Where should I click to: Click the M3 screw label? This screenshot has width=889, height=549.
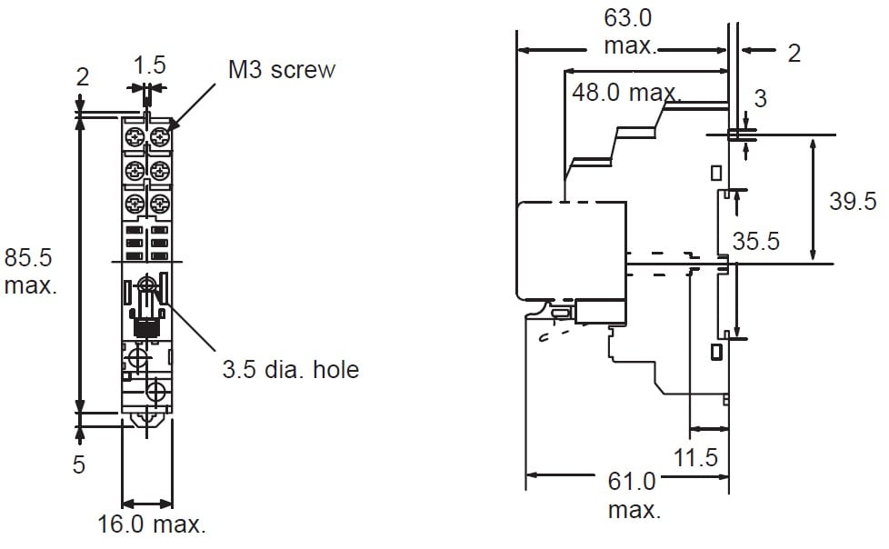click(281, 70)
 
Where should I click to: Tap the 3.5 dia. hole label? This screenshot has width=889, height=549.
click(291, 370)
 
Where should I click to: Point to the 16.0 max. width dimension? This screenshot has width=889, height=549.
click(152, 524)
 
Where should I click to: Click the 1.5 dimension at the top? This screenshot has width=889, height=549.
click(149, 65)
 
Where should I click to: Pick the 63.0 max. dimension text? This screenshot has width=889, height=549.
click(629, 32)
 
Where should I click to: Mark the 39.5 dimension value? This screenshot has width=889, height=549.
click(852, 202)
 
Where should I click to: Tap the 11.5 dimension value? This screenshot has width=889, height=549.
click(696, 457)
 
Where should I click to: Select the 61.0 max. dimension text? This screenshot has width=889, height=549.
click(633, 494)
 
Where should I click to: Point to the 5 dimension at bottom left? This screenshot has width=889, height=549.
click(79, 464)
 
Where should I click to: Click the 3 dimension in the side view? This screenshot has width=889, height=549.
click(761, 98)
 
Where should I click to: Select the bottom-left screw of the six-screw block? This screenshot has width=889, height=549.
click(135, 202)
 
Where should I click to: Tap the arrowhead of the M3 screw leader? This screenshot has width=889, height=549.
click(171, 125)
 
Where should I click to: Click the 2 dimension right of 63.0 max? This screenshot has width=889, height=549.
click(794, 54)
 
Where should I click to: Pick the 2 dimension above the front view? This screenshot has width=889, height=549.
click(83, 77)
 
